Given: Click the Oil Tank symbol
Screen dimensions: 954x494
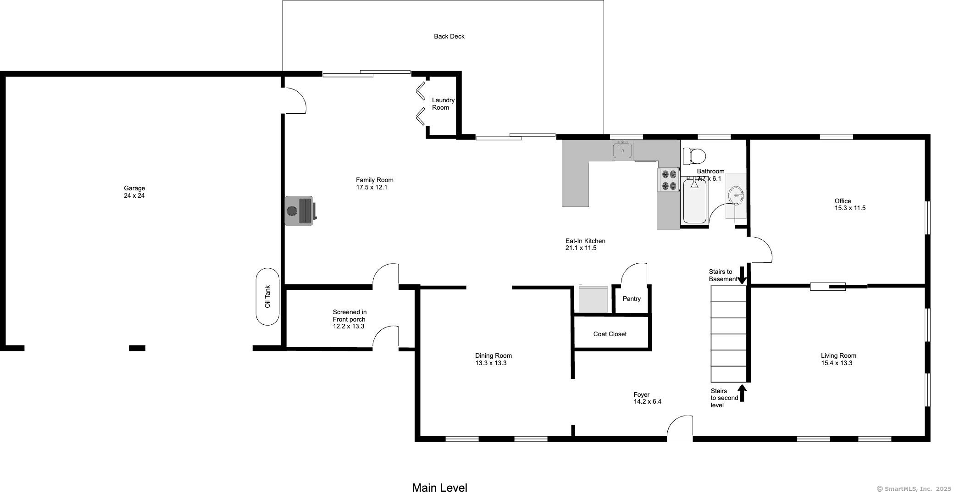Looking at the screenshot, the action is (x=267, y=297).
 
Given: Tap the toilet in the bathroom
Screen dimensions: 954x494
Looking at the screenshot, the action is (x=694, y=156).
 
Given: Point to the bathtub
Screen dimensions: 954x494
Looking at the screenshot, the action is (x=694, y=201).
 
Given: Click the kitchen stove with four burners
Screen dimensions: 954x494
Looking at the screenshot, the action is (x=668, y=180).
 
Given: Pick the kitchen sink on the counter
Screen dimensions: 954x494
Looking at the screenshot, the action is (x=622, y=150).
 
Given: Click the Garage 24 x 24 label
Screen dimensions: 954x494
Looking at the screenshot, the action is (x=134, y=192).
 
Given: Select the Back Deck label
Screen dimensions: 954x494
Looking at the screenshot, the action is (x=449, y=36).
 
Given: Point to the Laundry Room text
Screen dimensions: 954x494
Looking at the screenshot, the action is (x=443, y=104).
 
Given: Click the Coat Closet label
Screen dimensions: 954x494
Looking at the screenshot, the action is (x=610, y=334).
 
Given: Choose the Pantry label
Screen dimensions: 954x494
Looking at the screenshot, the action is (x=632, y=299).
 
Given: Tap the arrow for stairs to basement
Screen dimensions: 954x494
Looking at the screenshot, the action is (x=742, y=276).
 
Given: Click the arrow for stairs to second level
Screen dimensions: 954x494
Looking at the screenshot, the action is (x=742, y=393).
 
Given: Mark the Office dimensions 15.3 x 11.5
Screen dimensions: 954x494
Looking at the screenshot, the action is (x=850, y=208).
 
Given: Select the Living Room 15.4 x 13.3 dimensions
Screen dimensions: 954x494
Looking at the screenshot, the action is (x=837, y=363).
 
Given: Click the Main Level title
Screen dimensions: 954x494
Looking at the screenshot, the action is (x=439, y=488).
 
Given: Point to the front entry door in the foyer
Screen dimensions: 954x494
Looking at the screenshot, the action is (x=680, y=428).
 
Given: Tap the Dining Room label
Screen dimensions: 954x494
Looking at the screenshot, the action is (x=494, y=355).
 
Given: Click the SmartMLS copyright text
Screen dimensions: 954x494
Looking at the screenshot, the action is (x=914, y=489).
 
